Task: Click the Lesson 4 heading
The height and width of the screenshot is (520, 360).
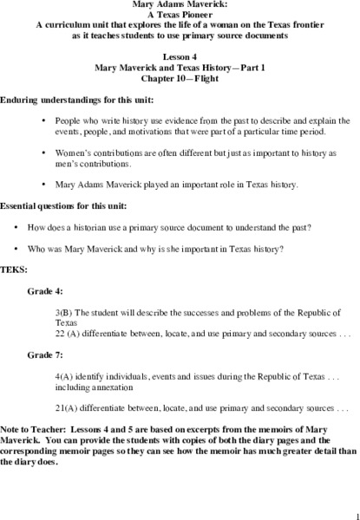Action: [179, 55]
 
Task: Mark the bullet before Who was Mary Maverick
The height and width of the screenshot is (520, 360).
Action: [17, 248]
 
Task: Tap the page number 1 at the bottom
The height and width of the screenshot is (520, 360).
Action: [345, 512]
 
